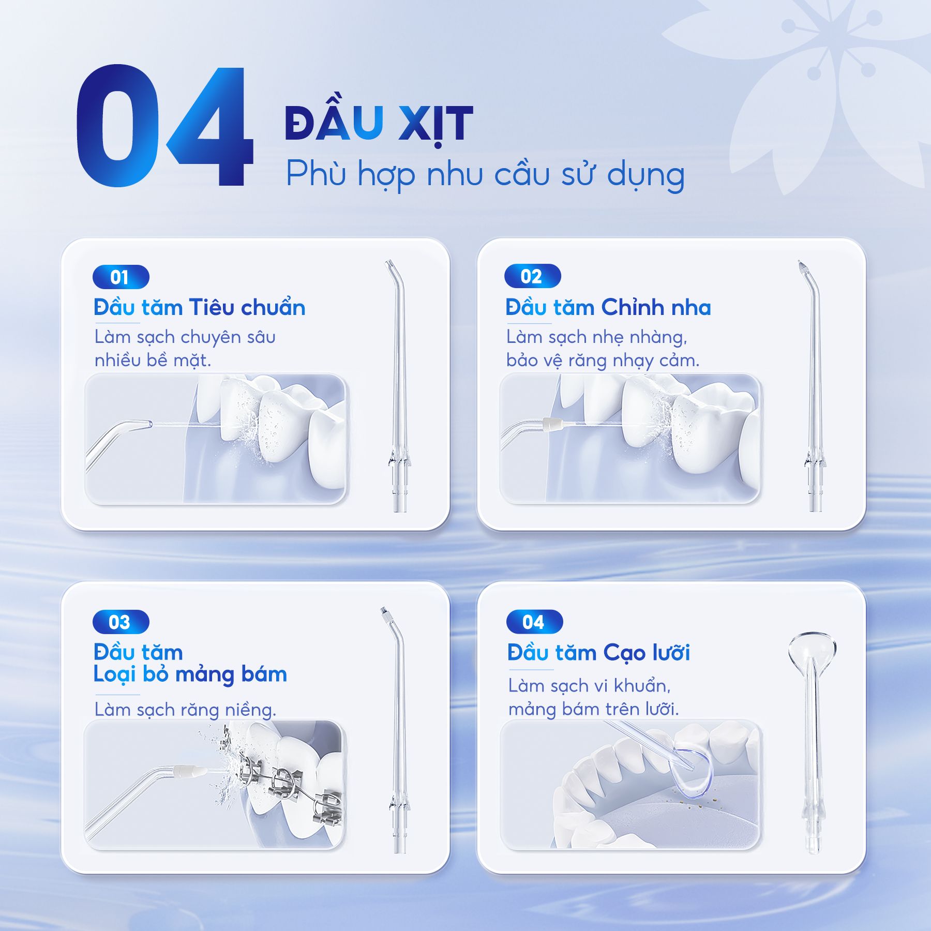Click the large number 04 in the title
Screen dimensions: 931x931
pyautogui.click(x=164, y=126)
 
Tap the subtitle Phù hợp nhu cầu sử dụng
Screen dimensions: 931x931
pyautogui.click(x=485, y=174)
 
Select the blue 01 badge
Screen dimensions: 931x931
pyautogui.click(x=121, y=277)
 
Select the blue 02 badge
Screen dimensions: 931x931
pyautogui.click(x=532, y=276)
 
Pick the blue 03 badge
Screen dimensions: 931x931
pyautogui.click(x=121, y=622)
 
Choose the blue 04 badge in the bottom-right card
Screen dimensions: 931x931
pyautogui.click(x=534, y=622)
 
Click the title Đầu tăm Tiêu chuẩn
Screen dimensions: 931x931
pyautogui.click(x=200, y=307)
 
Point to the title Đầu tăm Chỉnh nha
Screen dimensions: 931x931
pyautogui.click(x=608, y=307)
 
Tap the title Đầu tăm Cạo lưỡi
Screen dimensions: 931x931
pyautogui.click(x=598, y=653)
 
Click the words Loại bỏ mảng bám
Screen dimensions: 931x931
pyautogui.click(x=190, y=674)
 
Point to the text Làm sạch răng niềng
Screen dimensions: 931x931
pyautogui.click(x=185, y=709)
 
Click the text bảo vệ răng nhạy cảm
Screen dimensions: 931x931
pyautogui.click(x=603, y=361)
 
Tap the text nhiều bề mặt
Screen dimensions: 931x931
pyautogui.click(x=153, y=360)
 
